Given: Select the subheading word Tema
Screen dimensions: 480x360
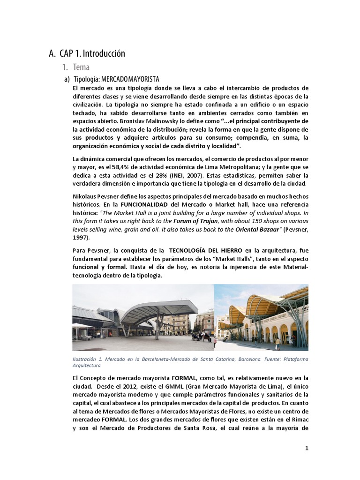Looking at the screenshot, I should (81, 67).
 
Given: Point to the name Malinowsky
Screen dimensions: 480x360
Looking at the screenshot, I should (155, 120).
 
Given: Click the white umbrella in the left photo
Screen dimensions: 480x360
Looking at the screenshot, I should (82, 326).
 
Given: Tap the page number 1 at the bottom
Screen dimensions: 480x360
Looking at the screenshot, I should (307, 448).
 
